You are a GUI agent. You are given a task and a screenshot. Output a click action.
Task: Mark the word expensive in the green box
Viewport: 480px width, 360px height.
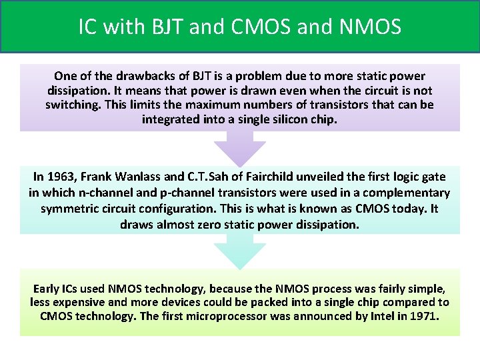click(83, 302)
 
